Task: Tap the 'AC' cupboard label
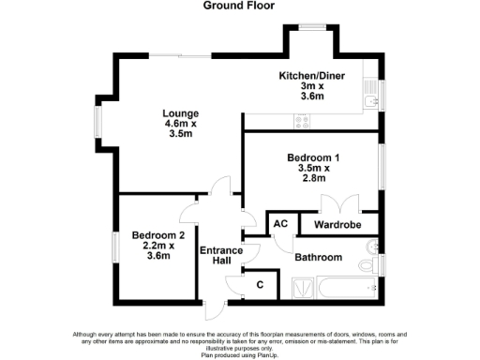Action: pyautogui.click(x=279, y=225)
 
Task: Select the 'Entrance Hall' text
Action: pyautogui.click(x=221, y=255)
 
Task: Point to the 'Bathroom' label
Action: pyautogui.click(x=318, y=257)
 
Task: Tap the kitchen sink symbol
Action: pyautogui.click(x=369, y=94)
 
